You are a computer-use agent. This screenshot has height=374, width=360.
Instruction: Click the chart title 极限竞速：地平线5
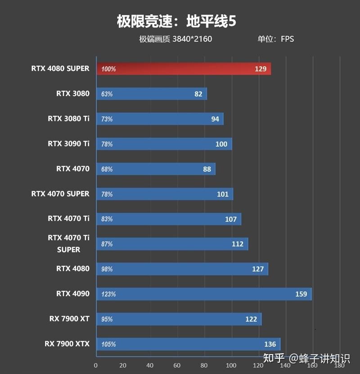176,22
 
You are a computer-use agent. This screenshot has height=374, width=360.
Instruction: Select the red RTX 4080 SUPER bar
184,69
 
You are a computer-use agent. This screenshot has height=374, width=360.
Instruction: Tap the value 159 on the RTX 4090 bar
301,294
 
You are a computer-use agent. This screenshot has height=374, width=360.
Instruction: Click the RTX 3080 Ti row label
68,119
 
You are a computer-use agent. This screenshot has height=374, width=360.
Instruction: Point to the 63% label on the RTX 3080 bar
107,94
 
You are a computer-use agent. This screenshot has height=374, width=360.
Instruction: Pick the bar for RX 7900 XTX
188,344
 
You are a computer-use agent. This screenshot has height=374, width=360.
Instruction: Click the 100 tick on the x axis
231,365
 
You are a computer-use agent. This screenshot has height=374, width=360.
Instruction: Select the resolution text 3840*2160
192,39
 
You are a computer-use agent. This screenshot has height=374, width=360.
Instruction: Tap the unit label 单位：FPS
275,39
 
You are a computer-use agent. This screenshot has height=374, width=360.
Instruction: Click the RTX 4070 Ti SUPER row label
68,243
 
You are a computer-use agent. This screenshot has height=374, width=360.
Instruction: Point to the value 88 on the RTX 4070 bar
207,169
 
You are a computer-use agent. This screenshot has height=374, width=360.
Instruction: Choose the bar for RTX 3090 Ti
164,144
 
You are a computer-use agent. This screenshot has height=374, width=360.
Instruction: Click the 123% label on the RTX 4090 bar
108,294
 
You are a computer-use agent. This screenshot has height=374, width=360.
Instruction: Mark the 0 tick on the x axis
96,365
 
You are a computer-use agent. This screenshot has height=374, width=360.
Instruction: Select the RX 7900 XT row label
69,319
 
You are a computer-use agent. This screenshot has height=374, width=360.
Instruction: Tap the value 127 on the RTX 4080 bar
258,269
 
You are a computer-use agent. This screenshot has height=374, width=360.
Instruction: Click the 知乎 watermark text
274,359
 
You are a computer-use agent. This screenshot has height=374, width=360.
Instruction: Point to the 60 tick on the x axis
177,365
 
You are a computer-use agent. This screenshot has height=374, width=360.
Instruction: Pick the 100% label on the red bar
108,69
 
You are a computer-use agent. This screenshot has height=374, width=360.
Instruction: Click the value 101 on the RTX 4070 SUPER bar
223,194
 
